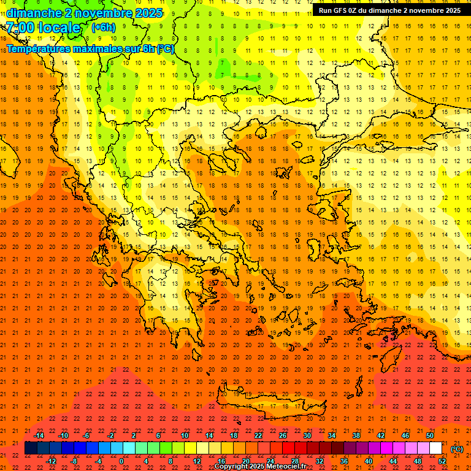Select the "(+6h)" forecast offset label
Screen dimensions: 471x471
click(102, 27)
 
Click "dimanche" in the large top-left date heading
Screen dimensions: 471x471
click(33, 13)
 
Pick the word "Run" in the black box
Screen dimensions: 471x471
click(326, 10)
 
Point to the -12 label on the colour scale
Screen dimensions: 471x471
click(51, 461)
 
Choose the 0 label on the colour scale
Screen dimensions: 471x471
click(121, 461)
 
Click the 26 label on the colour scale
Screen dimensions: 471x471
click(283, 435)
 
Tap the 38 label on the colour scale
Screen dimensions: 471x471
click(356, 435)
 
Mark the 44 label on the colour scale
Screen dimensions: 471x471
click(393, 461)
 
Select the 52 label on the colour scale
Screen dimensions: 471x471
click(442, 461)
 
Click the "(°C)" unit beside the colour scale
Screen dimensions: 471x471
click(457, 449)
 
